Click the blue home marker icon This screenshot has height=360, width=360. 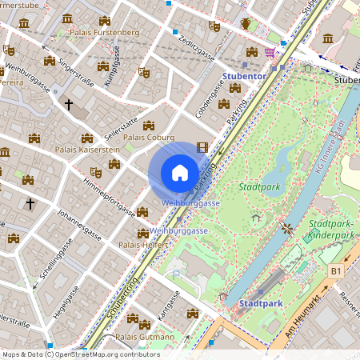[180, 173]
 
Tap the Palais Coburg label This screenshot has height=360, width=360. [147, 137]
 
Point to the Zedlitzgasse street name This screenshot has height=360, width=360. [197, 47]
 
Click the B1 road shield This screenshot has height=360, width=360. [337, 272]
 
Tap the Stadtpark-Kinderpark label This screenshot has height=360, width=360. [331, 230]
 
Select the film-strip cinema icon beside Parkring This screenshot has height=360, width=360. [202, 147]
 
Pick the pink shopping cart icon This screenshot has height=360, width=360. [270, 52]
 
